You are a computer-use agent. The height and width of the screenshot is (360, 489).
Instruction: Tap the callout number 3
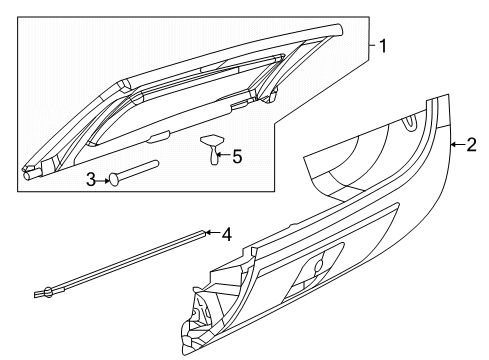89,179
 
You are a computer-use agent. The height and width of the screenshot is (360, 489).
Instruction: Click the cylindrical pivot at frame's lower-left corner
29,176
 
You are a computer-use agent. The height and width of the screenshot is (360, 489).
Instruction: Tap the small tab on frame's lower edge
161,138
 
